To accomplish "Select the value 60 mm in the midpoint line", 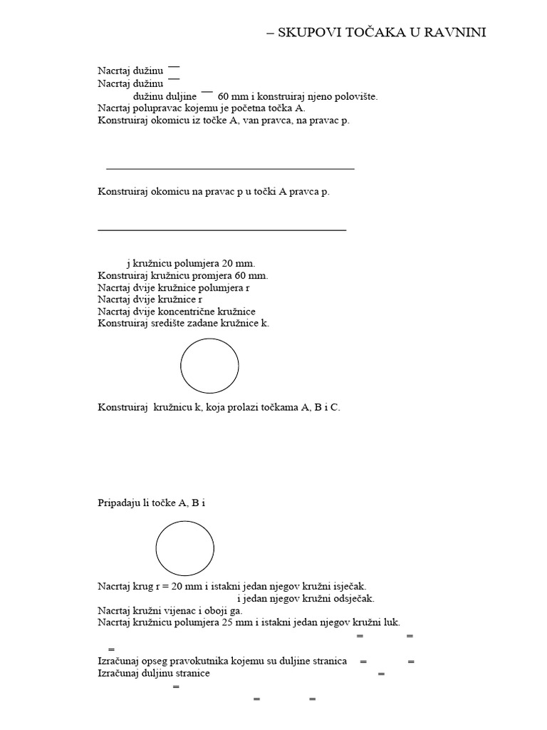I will coord(233,96).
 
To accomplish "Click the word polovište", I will coord(355,96).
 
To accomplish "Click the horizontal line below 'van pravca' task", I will coord(230,169).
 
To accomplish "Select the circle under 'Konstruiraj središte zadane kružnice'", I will coord(209,366).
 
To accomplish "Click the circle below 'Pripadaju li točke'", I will coord(185,548).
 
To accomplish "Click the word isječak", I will coord(348,586).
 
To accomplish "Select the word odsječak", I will coord(352,598).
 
